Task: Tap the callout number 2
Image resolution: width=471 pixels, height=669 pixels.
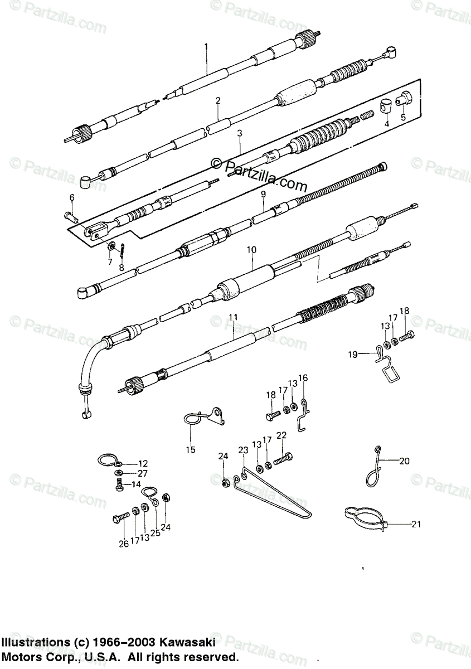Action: [218, 101]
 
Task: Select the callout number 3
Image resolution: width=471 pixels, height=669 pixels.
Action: [239, 133]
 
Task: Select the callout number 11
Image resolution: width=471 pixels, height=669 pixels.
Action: [233, 317]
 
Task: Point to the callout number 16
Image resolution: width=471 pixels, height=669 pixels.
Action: [303, 378]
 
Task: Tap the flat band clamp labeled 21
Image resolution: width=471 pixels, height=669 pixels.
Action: [366, 517]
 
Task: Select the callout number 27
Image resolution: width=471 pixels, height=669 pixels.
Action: [143, 473]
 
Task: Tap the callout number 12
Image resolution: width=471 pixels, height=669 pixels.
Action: [143, 463]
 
